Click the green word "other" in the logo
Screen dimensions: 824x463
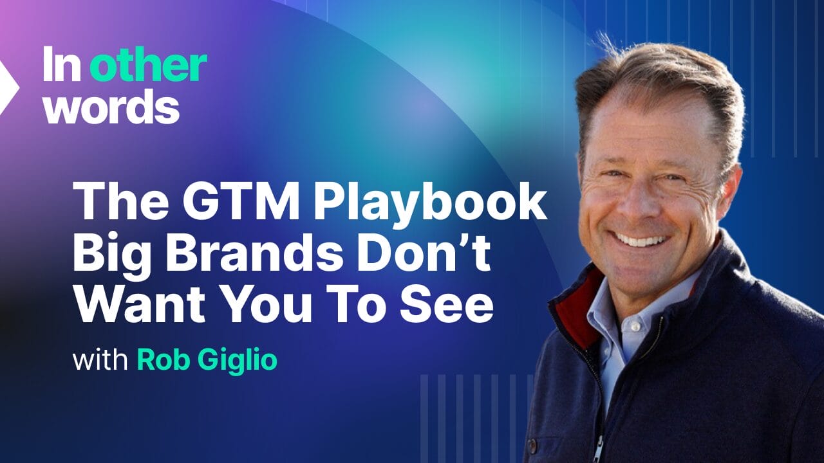point(148,66)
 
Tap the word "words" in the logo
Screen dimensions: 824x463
point(111,107)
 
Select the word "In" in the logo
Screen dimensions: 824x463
point(62,65)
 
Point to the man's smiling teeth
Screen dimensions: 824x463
point(642,241)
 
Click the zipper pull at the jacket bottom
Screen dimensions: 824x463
point(599,449)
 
